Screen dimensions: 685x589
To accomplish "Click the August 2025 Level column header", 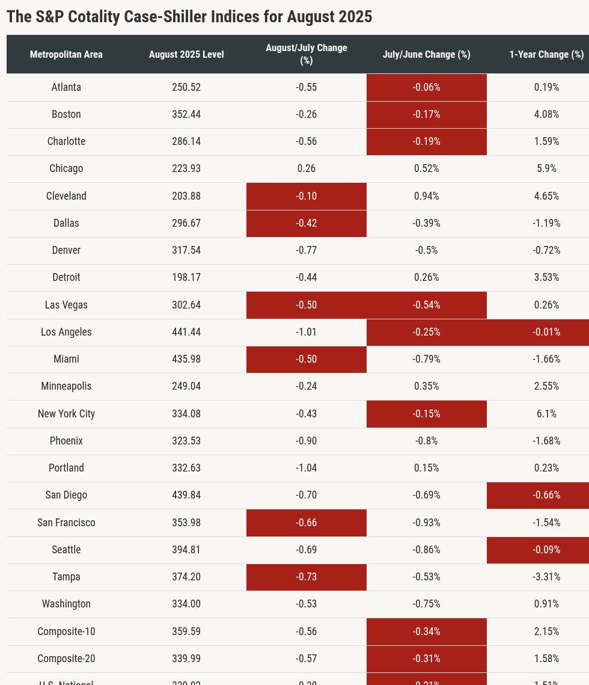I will click(186, 54).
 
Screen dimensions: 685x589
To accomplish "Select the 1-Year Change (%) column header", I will click(546, 54).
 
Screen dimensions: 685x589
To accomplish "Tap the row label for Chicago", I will click(66, 168).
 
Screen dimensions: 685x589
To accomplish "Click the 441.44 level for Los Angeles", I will click(186, 332).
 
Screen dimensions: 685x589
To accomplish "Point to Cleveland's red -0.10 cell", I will click(307, 196).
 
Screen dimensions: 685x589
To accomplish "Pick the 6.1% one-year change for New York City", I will click(546, 414).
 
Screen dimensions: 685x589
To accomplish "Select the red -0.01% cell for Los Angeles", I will click(546, 332).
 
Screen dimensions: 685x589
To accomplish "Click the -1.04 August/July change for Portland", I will click(307, 468).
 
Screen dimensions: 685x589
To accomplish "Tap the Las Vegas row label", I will click(66, 305).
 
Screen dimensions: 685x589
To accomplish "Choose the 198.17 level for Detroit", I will click(186, 277).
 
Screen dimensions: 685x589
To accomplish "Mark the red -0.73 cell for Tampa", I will click(307, 577).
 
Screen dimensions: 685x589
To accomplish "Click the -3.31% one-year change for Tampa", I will click(546, 577).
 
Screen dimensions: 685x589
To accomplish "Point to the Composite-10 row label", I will click(66, 631).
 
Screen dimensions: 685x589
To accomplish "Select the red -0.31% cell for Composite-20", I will click(426, 659).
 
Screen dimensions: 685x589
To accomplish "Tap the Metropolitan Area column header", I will click(66, 54).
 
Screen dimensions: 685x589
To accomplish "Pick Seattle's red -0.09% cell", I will click(546, 550).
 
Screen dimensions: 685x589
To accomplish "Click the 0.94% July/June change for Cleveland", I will click(426, 196).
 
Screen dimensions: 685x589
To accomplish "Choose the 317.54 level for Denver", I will click(186, 250).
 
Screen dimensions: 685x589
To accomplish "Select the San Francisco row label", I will click(66, 523).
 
